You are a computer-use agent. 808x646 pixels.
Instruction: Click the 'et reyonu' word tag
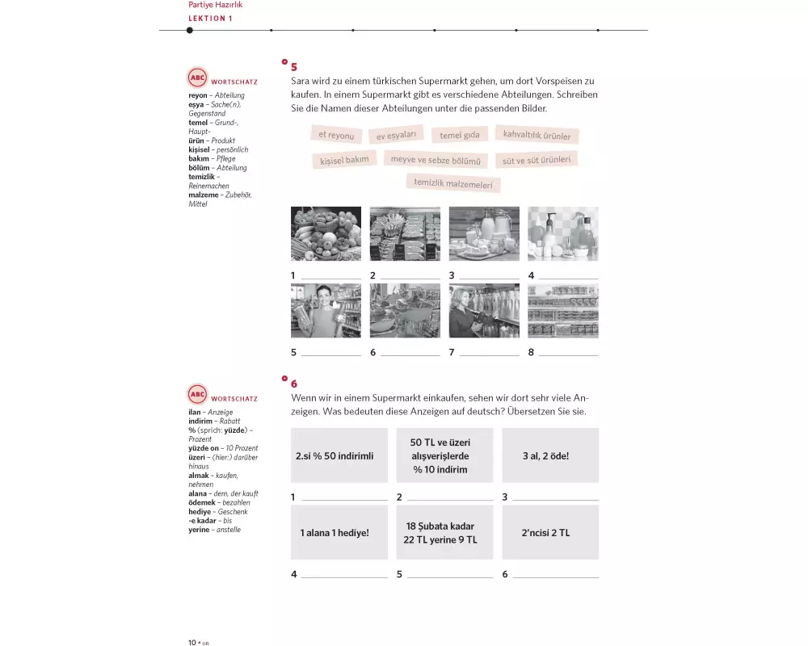point(335,135)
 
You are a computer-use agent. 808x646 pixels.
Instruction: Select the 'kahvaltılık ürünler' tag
point(537,134)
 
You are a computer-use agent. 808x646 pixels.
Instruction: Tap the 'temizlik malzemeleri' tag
point(452,183)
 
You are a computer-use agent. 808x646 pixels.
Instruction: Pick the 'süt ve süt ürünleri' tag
point(536,160)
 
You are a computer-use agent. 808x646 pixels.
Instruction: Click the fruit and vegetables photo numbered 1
point(326,233)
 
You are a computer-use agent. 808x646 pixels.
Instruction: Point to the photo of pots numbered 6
point(405,311)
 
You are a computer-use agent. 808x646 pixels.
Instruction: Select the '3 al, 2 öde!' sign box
point(550,455)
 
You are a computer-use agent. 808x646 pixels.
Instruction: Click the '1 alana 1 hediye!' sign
point(339,533)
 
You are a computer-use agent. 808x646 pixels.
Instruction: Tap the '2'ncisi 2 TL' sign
point(550,533)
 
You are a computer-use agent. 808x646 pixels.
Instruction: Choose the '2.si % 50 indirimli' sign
point(339,455)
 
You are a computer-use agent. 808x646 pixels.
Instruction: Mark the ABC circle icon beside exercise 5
point(197,78)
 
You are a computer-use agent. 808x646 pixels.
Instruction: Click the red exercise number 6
point(294,384)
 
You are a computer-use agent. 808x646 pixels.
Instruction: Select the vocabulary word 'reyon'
point(198,95)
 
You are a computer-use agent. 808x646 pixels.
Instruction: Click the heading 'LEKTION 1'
point(210,19)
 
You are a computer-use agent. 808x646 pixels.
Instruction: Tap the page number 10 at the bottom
point(192,642)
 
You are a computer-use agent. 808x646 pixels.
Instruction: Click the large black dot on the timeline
point(190,31)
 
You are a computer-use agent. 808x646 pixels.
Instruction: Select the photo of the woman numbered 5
point(326,311)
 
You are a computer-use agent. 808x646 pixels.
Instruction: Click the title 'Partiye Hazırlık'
point(215,5)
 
